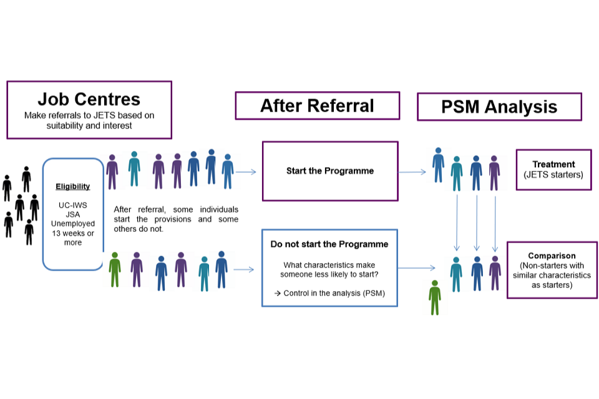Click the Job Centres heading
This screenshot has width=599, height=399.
[x=89, y=99]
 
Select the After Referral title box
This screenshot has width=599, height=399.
[x=317, y=105]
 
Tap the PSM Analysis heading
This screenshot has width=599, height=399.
[x=499, y=107]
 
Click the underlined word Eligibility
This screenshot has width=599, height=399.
[x=73, y=186]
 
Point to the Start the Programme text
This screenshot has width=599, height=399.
[x=329, y=171]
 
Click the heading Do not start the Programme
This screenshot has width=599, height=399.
[x=329, y=244]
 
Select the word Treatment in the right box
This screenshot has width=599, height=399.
[x=553, y=165]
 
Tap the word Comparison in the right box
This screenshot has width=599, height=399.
[x=552, y=256]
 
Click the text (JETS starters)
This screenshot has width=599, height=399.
[x=553, y=175]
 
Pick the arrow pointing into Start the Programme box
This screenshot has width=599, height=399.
[x=248, y=171]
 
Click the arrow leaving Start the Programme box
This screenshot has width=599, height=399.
[x=412, y=171]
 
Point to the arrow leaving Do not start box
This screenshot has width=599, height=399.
[x=416, y=269]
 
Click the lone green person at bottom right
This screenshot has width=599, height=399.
[x=435, y=297]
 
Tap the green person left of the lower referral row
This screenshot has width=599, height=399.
[x=114, y=269]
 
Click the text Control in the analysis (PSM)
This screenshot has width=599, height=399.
[x=329, y=293]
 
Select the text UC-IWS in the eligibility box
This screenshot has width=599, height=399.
[x=73, y=206]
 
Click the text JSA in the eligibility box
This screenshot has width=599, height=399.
[x=73, y=214]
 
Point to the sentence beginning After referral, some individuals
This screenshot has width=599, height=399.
[x=176, y=219]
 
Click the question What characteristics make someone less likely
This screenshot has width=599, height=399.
[x=329, y=269]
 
